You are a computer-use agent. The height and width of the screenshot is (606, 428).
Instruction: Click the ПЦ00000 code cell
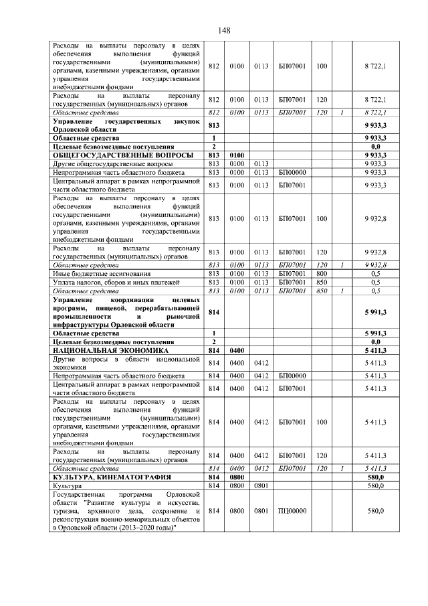[292, 511]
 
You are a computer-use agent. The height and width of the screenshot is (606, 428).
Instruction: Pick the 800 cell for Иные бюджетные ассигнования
[321, 273]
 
